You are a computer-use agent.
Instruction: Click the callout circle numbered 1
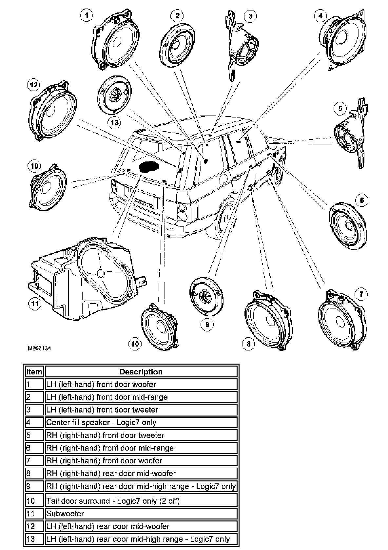(87, 15)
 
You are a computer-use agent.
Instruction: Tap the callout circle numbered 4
(320, 15)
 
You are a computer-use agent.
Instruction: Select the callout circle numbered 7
(361, 294)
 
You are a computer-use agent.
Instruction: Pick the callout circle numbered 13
(114, 123)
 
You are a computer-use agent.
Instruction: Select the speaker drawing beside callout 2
(178, 45)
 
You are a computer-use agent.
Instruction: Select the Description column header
(141, 372)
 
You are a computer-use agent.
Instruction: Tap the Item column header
(34, 372)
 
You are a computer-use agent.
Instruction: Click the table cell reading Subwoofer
(141, 514)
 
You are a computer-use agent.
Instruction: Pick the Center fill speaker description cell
(141, 422)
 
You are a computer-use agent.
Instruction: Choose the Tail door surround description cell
(141, 501)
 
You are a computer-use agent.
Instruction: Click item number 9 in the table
(34, 486)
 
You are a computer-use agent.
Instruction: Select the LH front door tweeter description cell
(141, 410)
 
